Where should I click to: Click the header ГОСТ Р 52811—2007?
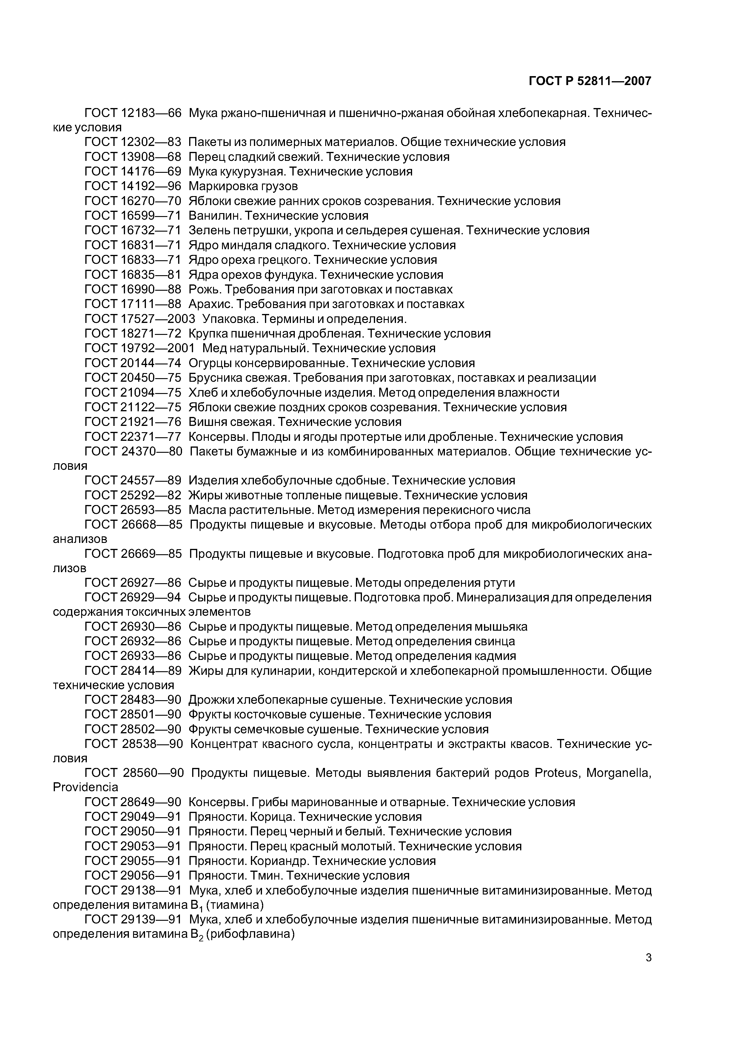tap(590, 81)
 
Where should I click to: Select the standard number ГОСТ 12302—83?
tap(133, 142)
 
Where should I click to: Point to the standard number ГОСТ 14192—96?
tap(133, 186)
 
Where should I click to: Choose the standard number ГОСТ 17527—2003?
tap(140, 319)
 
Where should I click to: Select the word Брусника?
tap(215, 378)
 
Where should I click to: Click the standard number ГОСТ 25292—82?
tap(133, 495)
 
